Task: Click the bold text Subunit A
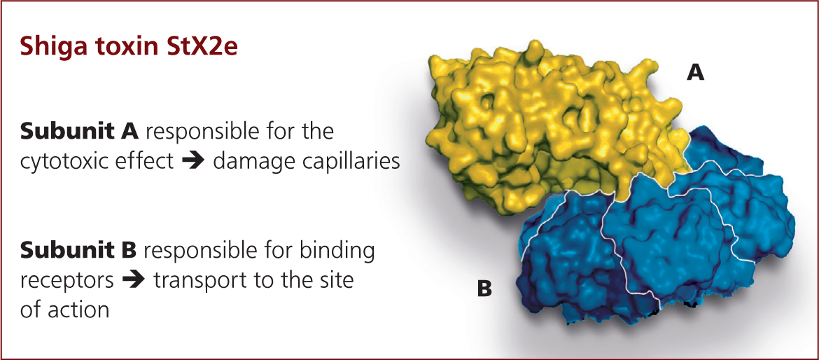click(x=79, y=132)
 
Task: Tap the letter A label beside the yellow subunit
click(x=696, y=74)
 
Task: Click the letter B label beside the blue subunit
click(x=484, y=289)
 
